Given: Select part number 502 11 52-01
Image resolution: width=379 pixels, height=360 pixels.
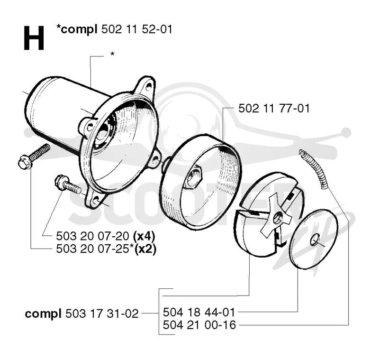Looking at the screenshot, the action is click(136, 29).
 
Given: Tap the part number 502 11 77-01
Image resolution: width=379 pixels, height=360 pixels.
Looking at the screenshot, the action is click(274, 108).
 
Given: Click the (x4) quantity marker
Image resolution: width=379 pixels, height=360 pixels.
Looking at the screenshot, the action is click(144, 236).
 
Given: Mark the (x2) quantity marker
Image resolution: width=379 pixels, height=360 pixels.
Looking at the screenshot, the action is click(145, 249).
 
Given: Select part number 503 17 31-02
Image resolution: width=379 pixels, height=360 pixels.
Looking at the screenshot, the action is click(102, 314).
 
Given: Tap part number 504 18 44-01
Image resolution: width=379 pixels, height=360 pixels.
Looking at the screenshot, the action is click(199, 312).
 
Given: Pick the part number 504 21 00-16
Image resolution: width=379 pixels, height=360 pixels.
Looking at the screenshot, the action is click(199, 325).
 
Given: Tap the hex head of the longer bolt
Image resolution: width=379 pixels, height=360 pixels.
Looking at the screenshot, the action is click(25, 163).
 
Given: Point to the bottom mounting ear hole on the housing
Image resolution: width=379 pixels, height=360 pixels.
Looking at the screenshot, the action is click(96, 200).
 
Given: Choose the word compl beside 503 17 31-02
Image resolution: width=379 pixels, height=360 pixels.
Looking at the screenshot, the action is click(43, 314).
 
